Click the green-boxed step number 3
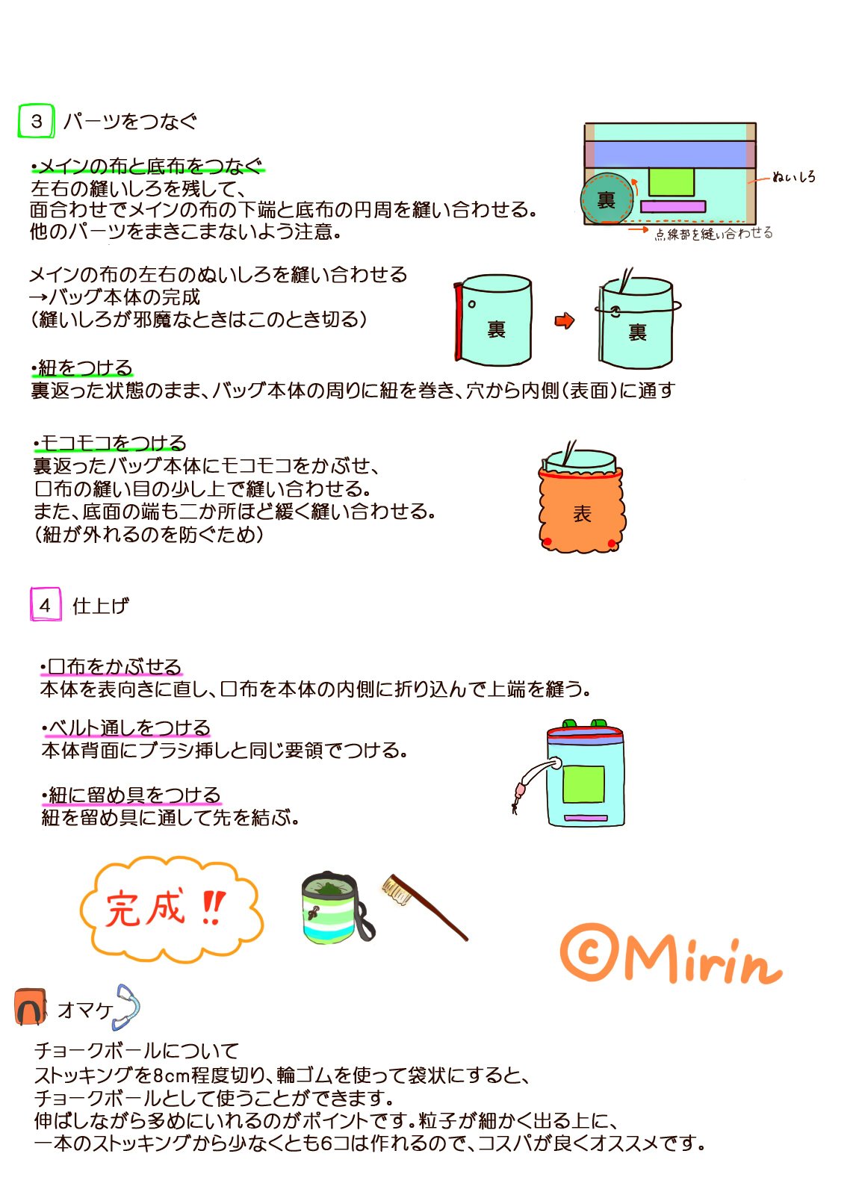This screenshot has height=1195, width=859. coord(37,121)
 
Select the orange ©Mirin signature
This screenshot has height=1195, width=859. coord(670,955)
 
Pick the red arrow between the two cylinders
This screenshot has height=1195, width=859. coord(565,320)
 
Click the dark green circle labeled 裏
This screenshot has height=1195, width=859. coord(607,199)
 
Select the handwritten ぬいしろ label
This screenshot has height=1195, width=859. coord(794,176)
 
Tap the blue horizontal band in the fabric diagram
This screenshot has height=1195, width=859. coord(670,154)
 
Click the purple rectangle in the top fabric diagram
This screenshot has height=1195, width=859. coord(673,206)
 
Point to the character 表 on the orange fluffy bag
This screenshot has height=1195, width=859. coord(582,514)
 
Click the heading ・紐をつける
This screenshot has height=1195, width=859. coord(81,368)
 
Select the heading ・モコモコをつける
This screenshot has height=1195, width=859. coord(109,443)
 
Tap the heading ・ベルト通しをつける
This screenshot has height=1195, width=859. coord(126,727)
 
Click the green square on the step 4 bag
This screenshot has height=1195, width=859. coord(583,783)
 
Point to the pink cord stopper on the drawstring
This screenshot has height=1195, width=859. coord(520,789)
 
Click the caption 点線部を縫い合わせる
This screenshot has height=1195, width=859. coord(714,234)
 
